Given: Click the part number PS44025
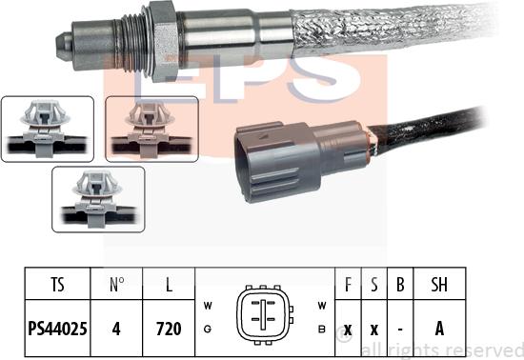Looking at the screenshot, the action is click(57, 329).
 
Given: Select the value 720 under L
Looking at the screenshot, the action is click(169, 329).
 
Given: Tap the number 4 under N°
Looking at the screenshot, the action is click(116, 329).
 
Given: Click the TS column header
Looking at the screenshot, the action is click(57, 284).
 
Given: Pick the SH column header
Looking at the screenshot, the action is click(439, 284).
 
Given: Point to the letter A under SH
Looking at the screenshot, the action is click(439, 329).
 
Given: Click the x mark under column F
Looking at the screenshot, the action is click(348, 330).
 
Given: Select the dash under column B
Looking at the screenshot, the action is click(400, 330).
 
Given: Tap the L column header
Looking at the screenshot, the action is click(169, 284).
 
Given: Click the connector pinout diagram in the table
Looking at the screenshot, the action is click(264, 315).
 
